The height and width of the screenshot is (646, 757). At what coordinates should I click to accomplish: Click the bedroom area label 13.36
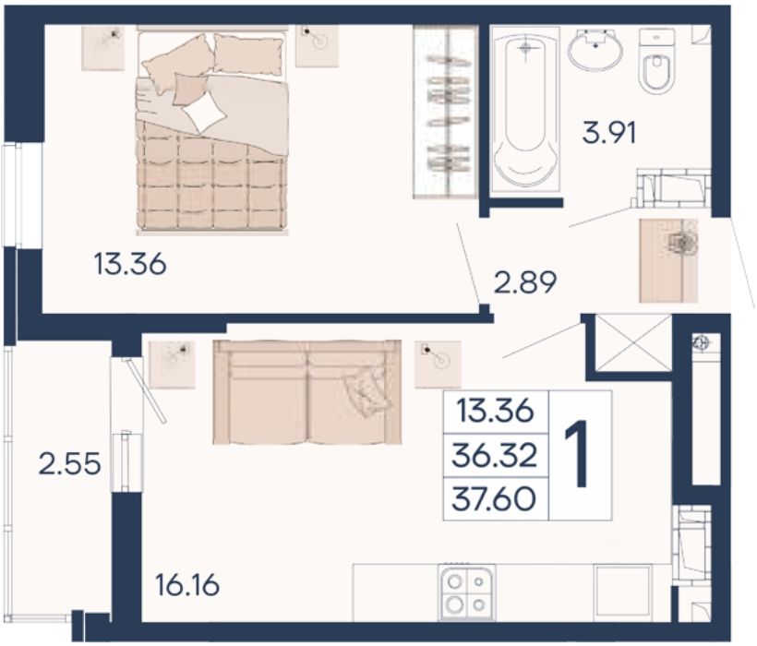tap(130, 264)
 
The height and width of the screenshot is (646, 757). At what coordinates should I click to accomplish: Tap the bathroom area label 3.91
tap(608, 133)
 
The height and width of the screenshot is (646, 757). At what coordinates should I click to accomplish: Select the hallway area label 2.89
tap(524, 282)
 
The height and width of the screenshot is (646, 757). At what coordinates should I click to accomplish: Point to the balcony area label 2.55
tap(69, 464)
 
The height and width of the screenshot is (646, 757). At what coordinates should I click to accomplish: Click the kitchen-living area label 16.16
tap(187, 585)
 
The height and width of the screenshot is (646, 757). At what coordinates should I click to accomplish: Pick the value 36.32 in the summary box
tap(495, 456)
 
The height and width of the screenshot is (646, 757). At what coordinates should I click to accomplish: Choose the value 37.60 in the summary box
tap(494, 499)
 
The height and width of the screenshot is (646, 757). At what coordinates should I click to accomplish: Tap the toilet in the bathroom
tap(656, 60)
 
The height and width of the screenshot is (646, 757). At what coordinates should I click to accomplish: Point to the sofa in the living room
tap(307, 391)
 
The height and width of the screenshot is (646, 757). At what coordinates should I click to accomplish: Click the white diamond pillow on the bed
tap(204, 113)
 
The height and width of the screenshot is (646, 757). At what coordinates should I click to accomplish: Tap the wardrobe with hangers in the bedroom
tap(445, 113)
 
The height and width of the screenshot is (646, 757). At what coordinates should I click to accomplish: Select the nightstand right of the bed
tap(318, 46)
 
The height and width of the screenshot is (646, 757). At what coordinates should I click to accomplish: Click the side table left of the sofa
tap(173, 365)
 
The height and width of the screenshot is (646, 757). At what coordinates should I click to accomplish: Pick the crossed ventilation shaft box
tap(633, 343)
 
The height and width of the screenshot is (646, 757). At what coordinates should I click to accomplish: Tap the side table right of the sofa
tap(438, 365)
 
